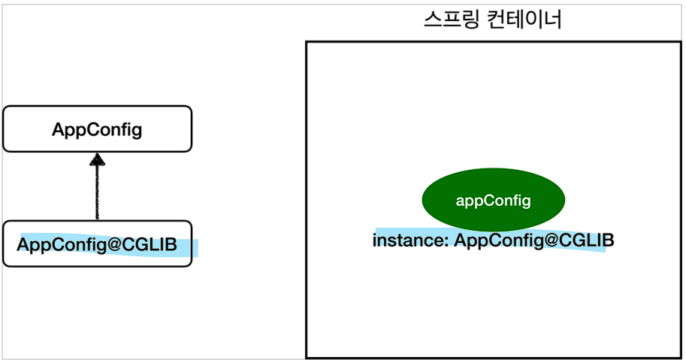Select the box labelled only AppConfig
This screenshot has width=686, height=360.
(97, 129)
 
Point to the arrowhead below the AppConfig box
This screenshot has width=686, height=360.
(97, 160)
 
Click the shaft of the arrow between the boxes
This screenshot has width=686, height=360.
(97, 192)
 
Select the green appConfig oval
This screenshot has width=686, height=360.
(493, 201)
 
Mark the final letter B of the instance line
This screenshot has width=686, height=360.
(608, 241)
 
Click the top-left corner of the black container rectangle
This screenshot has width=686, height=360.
(307, 43)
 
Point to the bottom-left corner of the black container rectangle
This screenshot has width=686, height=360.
(307, 356)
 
